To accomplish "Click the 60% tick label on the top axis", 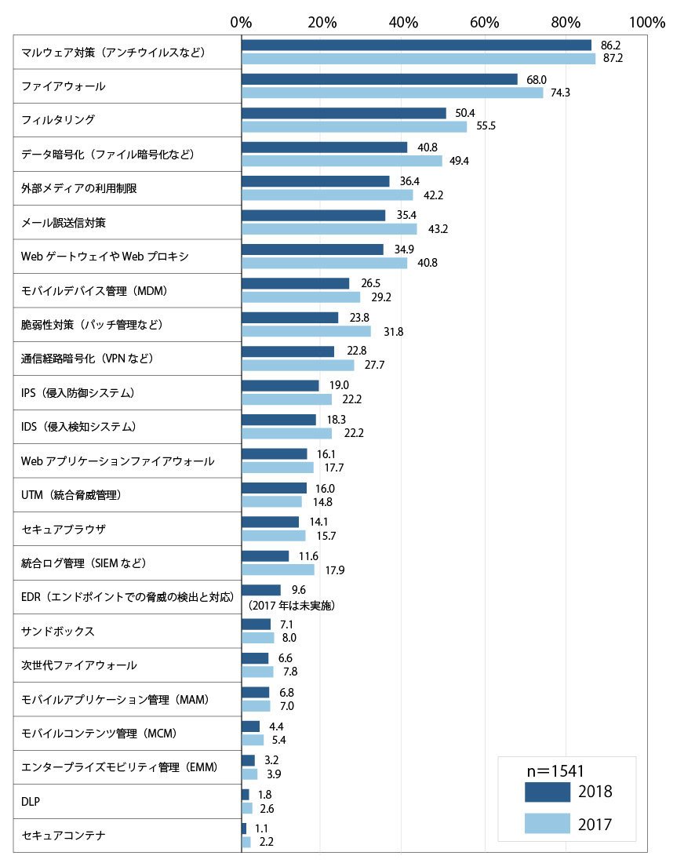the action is pos(484,22).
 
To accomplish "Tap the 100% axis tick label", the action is pos(647,22).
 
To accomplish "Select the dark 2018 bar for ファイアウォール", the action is pos(379,79).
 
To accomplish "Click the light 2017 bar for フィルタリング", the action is pos(354,126).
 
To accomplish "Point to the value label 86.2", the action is pos(610,46).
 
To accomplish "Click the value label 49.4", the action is pos(459,161).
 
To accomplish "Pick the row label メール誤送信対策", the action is pos(64,222).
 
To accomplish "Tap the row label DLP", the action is pos(31,801).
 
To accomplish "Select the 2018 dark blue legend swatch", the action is pos(547,792).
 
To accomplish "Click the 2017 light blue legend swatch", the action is pos(547,823).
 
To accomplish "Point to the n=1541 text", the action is pos(555,771).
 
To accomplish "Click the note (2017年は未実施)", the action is pos(291,606).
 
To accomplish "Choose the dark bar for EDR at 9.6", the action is pos(261,590).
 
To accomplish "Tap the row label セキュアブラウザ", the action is pos(64,529).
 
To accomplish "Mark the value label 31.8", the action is pos(393,331).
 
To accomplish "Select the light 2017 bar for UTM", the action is pos(271,501).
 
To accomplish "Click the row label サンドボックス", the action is pos(58,632).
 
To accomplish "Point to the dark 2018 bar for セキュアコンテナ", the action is pos(244,828).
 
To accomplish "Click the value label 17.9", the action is pos(335,570).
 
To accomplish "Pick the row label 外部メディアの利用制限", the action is pos(78,188).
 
